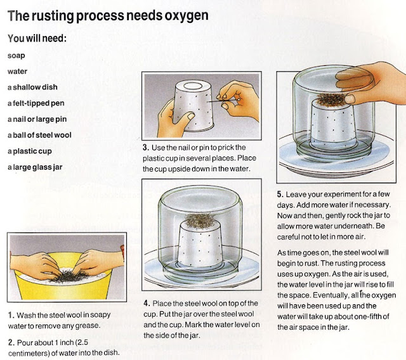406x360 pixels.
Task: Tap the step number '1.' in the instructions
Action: point(11,314)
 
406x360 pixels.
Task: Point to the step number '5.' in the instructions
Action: point(281,194)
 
